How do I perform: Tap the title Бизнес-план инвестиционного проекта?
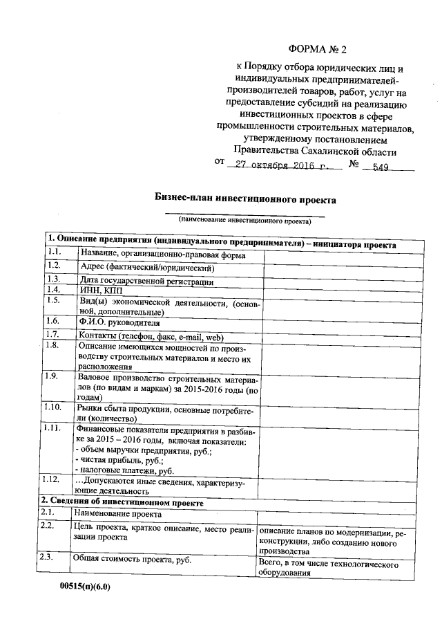pos(244,199)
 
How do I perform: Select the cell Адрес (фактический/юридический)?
pos(147,267)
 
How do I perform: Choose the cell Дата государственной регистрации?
pos(146,281)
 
